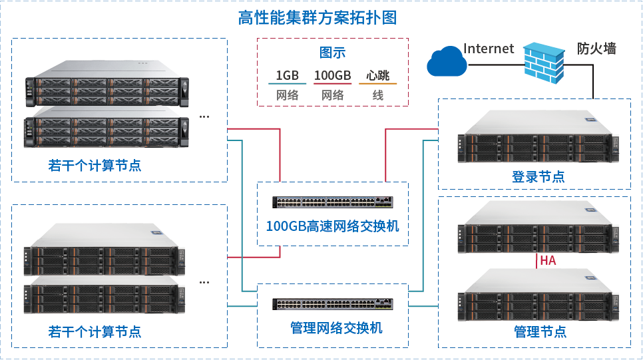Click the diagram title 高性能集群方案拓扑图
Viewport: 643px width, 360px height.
[318, 18]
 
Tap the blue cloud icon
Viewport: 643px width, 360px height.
[446, 62]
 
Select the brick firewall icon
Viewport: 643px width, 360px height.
[544, 62]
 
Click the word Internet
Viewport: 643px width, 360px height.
[489, 49]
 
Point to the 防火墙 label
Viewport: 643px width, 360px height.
[596, 49]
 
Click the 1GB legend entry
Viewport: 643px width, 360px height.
[287, 75]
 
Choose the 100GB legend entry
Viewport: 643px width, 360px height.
[332, 75]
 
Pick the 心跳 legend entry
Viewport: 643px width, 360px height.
[377, 75]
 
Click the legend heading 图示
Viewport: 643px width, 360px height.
[332, 53]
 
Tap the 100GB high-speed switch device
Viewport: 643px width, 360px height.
[332, 202]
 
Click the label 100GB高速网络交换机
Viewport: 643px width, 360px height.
[332, 226]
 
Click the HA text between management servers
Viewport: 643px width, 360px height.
[548, 261]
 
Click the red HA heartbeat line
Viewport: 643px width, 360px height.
[536, 261]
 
